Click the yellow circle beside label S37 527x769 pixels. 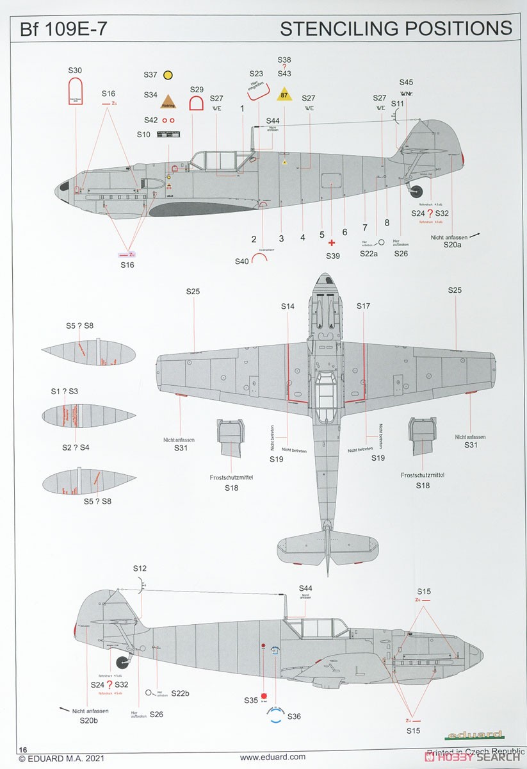point(168,75)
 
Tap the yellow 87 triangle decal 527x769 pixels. point(284,95)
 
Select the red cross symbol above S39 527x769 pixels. point(331,244)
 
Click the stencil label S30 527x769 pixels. point(75,70)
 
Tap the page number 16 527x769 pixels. point(23,749)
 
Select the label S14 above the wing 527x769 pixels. point(288,307)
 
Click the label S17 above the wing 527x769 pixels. point(364,307)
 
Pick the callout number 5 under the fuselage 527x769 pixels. point(322,235)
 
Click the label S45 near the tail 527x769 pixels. point(406,82)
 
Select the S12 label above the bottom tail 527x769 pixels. point(140,568)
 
